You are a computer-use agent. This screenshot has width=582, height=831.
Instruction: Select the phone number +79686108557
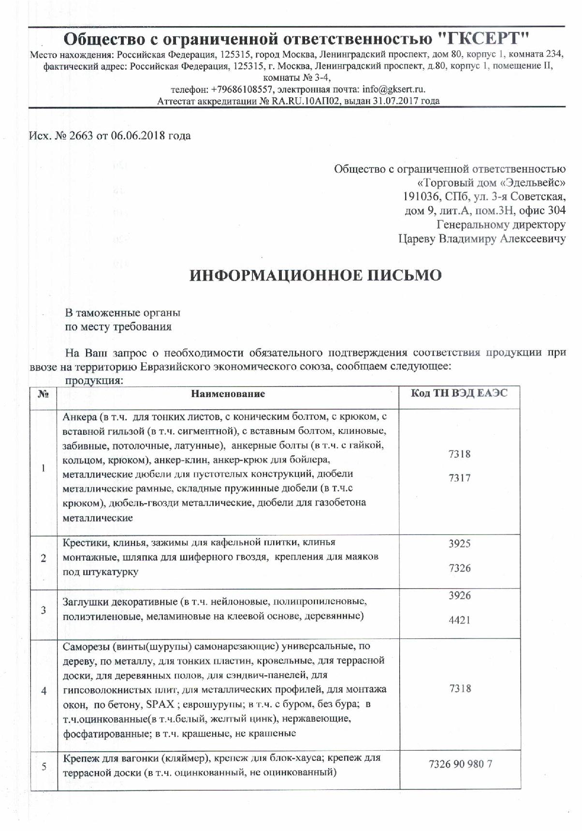tap(242, 89)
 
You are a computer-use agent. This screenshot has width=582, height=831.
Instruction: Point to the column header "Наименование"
tap(228, 394)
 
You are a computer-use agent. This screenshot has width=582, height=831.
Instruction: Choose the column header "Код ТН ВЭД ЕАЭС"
tap(459, 393)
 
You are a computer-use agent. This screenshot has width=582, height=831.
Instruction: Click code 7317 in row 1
tap(459, 478)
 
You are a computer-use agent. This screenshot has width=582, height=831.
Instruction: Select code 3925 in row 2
tap(459, 543)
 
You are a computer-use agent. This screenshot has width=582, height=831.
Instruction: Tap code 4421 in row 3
tap(459, 620)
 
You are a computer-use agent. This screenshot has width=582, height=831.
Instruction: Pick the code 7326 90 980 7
tap(460, 765)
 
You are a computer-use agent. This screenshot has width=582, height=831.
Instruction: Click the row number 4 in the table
tap(44, 691)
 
